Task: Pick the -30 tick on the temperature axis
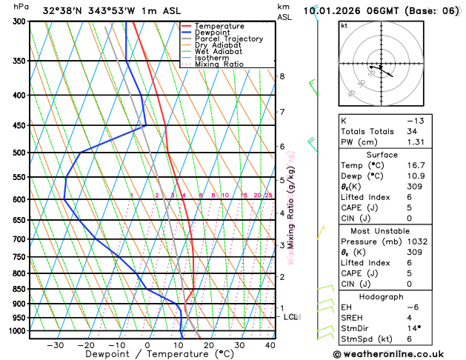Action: pyautogui.click(x=55, y=345)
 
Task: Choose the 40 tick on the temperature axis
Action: pyautogui.click(x=270, y=345)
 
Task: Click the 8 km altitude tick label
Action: pyautogui.click(x=282, y=76)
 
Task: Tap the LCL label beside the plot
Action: pyautogui.click(x=291, y=317)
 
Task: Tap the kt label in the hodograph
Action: pyautogui.click(x=344, y=25)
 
